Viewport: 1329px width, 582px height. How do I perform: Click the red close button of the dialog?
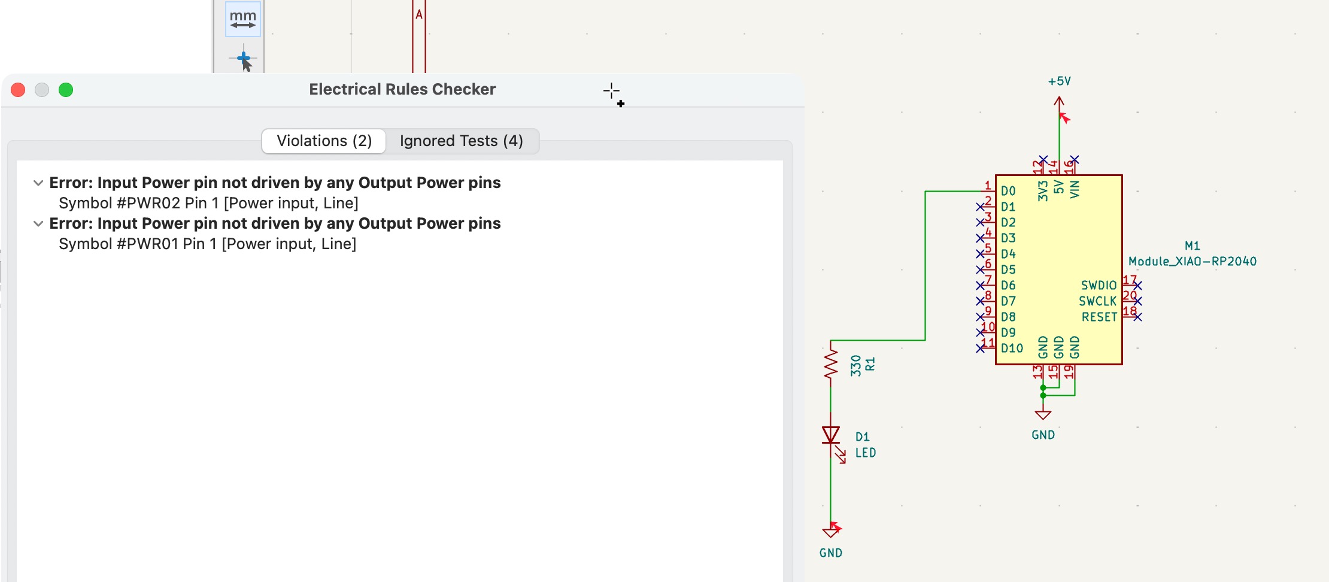pos(19,90)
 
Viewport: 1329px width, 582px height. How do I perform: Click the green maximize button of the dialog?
pos(66,90)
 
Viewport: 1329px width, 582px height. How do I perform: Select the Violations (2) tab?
pos(324,141)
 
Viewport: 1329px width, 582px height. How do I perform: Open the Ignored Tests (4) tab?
pos(461,141)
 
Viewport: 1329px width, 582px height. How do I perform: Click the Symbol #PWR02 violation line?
pos(208,204)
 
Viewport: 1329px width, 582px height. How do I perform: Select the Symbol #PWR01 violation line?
pos(207,244)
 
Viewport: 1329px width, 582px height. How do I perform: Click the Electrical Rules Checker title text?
pos(402,90)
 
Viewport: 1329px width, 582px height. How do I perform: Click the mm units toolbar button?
pos(243,19)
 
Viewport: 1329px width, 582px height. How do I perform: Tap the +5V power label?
pos(1059,81)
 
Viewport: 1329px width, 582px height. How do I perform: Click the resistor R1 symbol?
pos(830,364)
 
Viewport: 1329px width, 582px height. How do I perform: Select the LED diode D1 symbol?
pos(831,435)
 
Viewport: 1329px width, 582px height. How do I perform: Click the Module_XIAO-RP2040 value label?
pos(1192,262)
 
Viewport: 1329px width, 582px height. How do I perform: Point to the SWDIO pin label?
pos(1099,286)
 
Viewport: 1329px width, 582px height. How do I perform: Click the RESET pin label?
pos(1099,317)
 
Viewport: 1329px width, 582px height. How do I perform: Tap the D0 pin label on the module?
pos(1008,192)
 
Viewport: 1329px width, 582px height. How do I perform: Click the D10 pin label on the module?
pos(1012,348)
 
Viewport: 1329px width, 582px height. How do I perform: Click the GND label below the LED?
pos(831,553)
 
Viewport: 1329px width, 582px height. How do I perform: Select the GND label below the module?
pos(1043,435)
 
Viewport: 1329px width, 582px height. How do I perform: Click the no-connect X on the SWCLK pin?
pos(1137,301)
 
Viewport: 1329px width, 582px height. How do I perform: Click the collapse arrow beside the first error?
pos(38,183)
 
